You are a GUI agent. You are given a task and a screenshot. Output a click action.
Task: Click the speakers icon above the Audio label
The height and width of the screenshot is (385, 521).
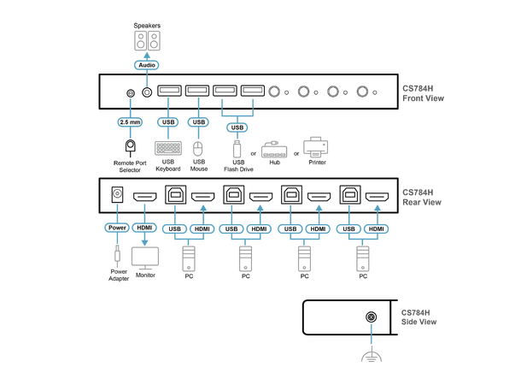point(147,41)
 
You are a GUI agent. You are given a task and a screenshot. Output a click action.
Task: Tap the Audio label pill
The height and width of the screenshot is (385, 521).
point(147,64)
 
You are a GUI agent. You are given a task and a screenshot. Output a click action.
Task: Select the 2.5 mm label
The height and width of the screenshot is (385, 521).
point(131,122)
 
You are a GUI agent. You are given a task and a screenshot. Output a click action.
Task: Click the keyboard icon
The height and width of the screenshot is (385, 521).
point(167,148)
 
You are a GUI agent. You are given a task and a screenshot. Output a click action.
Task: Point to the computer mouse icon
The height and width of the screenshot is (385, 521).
point(198,149)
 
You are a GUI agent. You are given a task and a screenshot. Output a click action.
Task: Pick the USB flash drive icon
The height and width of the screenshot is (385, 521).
point(237,149)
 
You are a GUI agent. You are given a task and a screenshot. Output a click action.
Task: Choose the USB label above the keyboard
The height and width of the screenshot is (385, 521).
point(167,122)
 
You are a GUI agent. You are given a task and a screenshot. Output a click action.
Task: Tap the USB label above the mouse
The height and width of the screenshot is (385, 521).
point(198,122)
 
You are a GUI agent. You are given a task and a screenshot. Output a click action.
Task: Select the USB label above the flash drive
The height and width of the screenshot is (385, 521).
point(237,128)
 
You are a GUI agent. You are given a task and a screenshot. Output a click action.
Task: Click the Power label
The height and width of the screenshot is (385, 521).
point(116,228)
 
